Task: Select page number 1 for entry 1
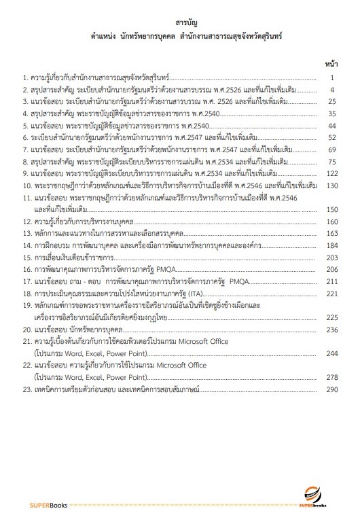332,78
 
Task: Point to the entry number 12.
26,222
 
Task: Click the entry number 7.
25,149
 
